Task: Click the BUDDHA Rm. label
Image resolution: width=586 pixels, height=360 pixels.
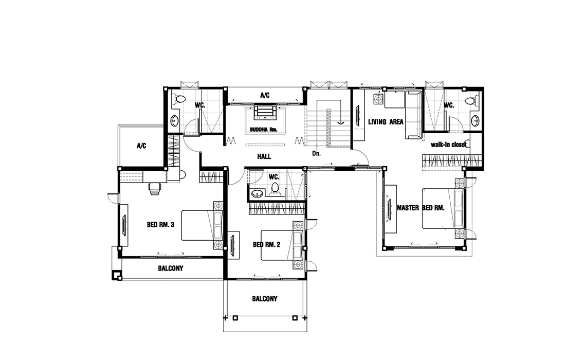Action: (x=264, y=130)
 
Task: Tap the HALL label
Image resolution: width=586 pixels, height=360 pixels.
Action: (x=264, y=157)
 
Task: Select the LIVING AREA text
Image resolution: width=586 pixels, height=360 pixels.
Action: (x=386, y=122)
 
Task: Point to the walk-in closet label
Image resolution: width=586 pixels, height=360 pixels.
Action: (x=448, y=145)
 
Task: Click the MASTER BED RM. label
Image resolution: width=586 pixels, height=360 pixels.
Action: (x=420, y=208)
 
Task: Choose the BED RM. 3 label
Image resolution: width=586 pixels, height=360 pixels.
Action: (x=161, y=225)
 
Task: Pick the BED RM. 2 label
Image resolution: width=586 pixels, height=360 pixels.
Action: (x=266, y=244)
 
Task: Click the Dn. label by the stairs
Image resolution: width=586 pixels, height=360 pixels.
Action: (x=316, y=153)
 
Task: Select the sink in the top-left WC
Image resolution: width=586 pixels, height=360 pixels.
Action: (x=175, y=121)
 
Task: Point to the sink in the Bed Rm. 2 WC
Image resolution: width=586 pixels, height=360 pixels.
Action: (x=257, y=194)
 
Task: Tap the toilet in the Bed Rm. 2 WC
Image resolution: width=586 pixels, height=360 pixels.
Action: (x=275, y=188)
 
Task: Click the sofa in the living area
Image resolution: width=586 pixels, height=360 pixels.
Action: (x=414, y=115)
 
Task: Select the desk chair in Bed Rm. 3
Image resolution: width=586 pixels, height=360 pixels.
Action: (x=154, y=188)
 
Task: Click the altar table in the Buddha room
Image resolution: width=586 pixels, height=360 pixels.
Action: (x=265, y=113)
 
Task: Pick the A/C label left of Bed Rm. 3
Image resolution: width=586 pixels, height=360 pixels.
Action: (x=141, y=146)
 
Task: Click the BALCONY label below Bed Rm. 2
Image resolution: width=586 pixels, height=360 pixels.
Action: (x=265, y=299)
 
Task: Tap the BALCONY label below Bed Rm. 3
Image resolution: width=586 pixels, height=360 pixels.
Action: (x=171, y=268)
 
